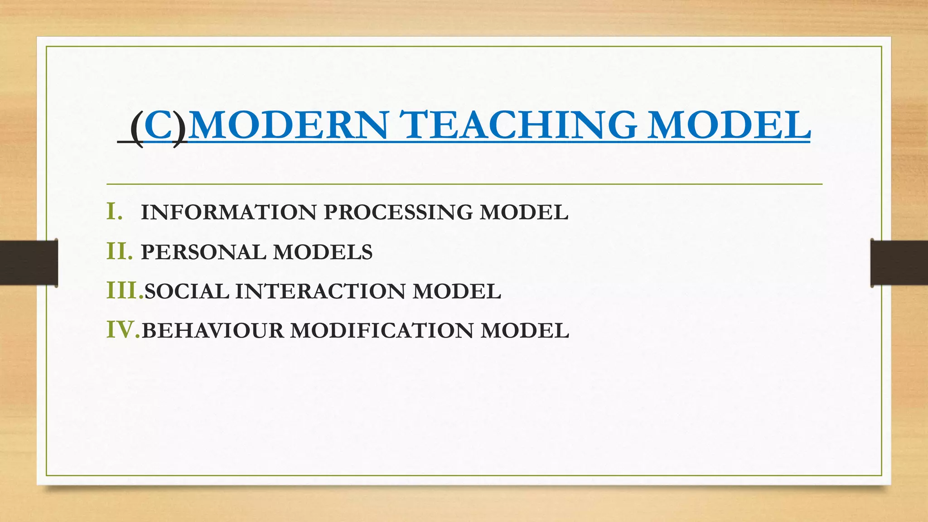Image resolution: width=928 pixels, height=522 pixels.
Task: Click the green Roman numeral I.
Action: (x=114, y=212)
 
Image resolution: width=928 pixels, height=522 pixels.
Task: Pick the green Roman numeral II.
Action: (x=120, y=251)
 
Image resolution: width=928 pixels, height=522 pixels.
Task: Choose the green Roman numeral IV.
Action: (x=123, y=330)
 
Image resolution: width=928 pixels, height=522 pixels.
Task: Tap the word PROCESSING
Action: (x=398, y=213)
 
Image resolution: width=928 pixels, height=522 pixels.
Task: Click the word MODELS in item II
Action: (x=323, y=252)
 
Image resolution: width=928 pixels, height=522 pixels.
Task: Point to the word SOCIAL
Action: (x=187, y=291)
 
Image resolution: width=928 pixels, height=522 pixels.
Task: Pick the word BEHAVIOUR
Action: (x=213, y=331)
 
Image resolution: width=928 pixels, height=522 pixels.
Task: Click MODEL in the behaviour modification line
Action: (x=525, y=331)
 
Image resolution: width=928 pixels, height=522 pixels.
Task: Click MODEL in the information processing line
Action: (x=524, y=213)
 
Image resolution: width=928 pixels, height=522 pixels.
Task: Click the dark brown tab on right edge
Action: (x=899, y=263)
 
